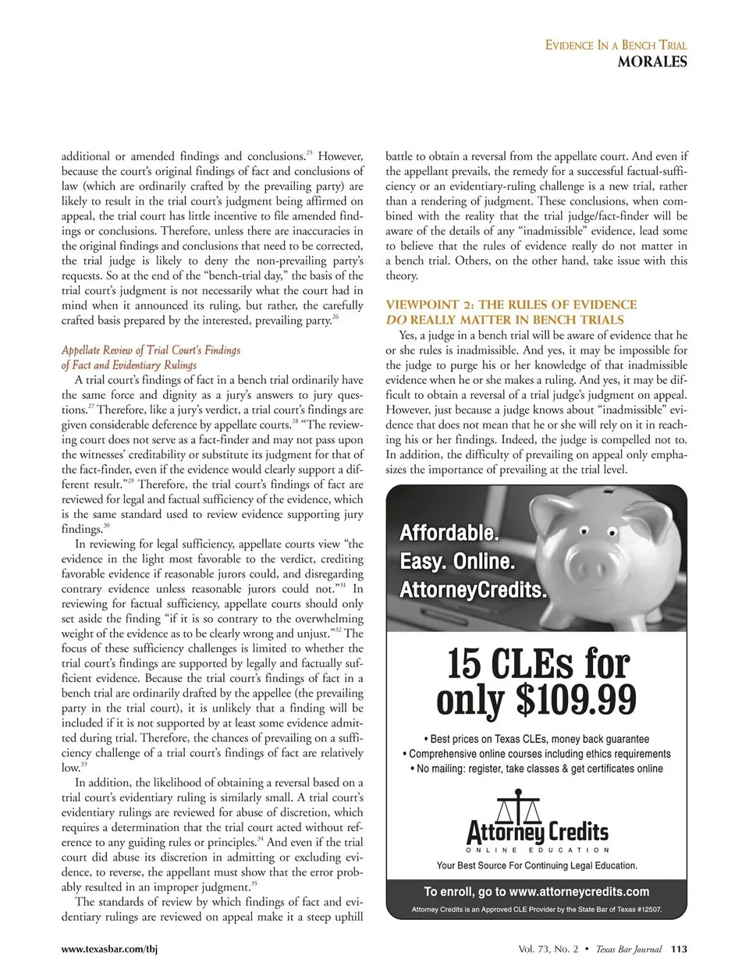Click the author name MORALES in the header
click(651, 62)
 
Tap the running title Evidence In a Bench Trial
click(616, 45)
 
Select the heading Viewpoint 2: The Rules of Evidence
click(511, 304)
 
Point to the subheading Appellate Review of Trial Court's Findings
click(151, 350)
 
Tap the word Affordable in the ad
click(448, 534)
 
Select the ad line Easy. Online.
click(457, 561)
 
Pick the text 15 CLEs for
click(538, 663)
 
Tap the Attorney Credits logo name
click(537, 831)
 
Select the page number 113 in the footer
click(679, 950)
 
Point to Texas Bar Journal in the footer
click(628, 950)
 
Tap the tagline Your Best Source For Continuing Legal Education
click(537, 865)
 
